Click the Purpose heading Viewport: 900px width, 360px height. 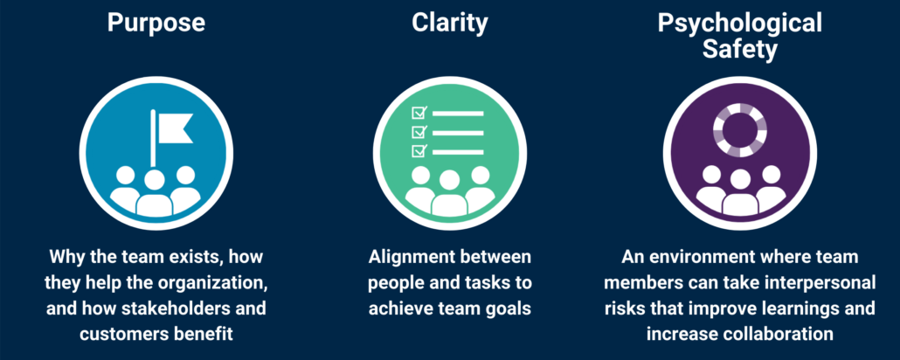point(156,23)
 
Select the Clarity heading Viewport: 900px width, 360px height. point(449,24)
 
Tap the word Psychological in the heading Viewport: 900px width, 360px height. point(739,24)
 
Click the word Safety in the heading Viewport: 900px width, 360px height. point(739,50)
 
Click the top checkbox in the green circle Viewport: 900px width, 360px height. point(418,113)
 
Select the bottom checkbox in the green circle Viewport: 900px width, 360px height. point(418,151)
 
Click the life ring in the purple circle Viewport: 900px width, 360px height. point(739,129)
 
